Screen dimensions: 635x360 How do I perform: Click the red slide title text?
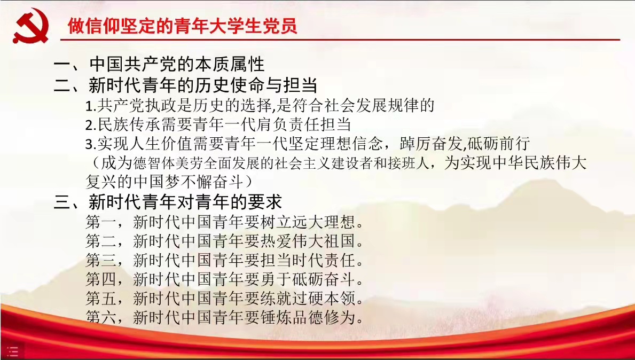[x=183, y=26]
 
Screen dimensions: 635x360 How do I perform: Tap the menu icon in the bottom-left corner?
[x=12, y=352]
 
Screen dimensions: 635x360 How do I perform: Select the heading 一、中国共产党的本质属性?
[x=159, y=65]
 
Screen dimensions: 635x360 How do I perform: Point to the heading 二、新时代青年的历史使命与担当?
[x=185, y=85]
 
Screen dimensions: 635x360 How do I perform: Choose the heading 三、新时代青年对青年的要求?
[x=168, y=202]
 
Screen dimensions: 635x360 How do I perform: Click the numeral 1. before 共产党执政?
[x=91, y=106]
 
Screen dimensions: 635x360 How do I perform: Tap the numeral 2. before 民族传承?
[x=91, y=125]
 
